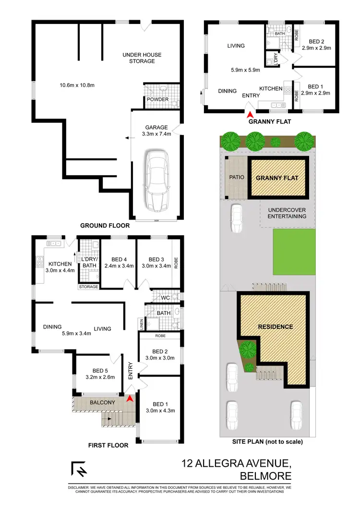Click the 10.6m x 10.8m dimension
(x=77, y=85)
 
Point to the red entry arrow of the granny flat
(x=249, y=114)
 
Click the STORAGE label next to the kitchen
(x=89, y=287)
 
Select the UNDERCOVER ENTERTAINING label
(x=287, y=213)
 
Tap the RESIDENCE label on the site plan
(x=276, y=327)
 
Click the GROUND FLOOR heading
(x=104, y=225)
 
